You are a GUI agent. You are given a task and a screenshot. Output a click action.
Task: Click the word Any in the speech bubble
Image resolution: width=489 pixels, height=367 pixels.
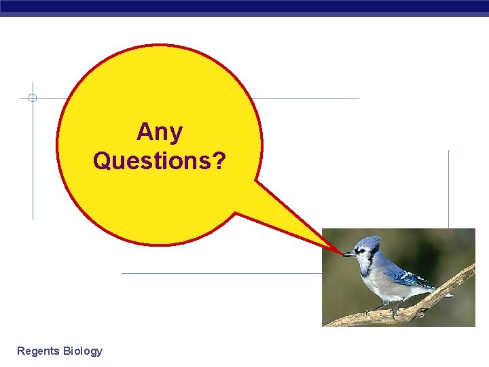click(x=160, y=131)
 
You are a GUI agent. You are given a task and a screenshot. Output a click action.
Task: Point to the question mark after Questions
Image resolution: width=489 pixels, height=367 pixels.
click(x=219, y=161)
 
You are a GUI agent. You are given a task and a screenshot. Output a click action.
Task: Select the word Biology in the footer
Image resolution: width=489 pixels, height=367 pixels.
click(x=82, y=351)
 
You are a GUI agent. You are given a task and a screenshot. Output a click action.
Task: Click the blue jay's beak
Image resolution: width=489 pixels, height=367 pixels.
click(x=348, y=254)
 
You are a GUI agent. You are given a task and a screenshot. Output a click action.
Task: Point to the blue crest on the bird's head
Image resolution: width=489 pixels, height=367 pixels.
click(x=371, y=242)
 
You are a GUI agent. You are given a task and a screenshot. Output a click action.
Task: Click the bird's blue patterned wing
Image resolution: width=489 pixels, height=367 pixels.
click(x=410, y=278)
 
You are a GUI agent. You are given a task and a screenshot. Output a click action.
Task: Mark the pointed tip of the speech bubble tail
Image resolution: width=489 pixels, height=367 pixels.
click(x=340, y=252)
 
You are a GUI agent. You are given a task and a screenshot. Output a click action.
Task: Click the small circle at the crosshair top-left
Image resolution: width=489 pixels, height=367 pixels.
click(x=32, y=98)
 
